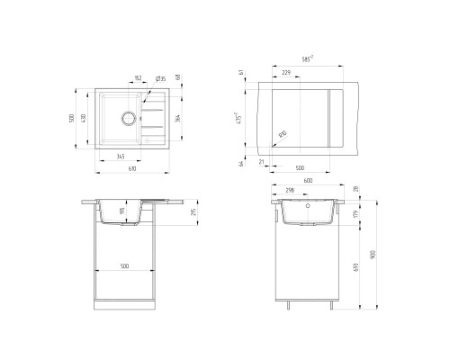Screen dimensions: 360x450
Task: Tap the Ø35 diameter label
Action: click(x=159, y=79)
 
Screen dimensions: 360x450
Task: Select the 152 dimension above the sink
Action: click(x=138, y=79)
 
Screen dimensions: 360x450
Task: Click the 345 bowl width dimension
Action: click(x=120, y=157)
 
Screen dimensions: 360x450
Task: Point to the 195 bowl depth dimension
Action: click(x=122, y=211)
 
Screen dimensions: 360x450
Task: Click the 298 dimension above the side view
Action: click(x=290, y=191)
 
